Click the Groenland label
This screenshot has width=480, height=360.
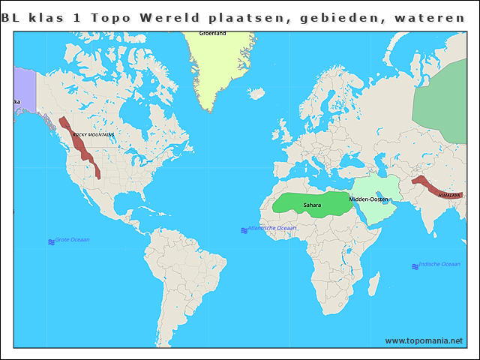click(x=212, y=34)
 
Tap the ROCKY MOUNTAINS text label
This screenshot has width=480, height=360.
click(x=93, y=135)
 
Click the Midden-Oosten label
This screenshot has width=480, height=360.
click(x=369, y=199)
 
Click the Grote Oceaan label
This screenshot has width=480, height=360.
click(x=73, y=240)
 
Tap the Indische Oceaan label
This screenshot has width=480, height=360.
click(x=440, y=264)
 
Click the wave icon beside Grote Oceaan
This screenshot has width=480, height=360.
click(x=51, y=242)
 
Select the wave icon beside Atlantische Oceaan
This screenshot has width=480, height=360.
click(x=244, y=230)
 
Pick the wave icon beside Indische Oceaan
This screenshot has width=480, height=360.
click(x=415, y=266)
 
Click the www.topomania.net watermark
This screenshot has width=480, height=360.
click(x=424, y=340)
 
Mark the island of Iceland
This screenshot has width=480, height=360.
click(x=256, y=94)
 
